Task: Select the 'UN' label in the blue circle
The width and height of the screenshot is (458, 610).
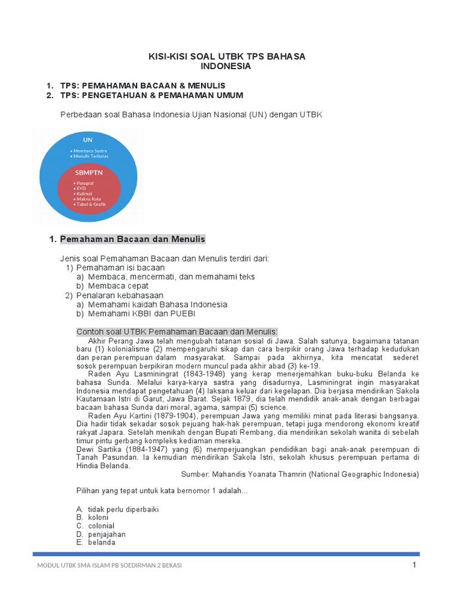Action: pos(80,140)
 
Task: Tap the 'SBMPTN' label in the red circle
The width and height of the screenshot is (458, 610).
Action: pos(89,172)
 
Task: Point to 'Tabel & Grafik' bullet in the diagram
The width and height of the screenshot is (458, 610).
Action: pos(91,204)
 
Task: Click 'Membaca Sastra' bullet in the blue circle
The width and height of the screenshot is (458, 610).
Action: pos(90,150)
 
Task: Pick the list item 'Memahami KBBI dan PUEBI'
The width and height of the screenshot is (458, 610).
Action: pos(141,313)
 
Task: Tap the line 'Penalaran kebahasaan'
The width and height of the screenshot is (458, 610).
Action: pos(119,295)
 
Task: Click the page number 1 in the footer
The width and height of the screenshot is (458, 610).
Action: pos(414,565)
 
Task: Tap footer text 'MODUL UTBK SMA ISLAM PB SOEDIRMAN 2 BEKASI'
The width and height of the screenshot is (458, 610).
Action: pos(109,565)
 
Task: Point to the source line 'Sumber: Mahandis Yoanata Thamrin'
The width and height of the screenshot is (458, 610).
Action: pos(300,475)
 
